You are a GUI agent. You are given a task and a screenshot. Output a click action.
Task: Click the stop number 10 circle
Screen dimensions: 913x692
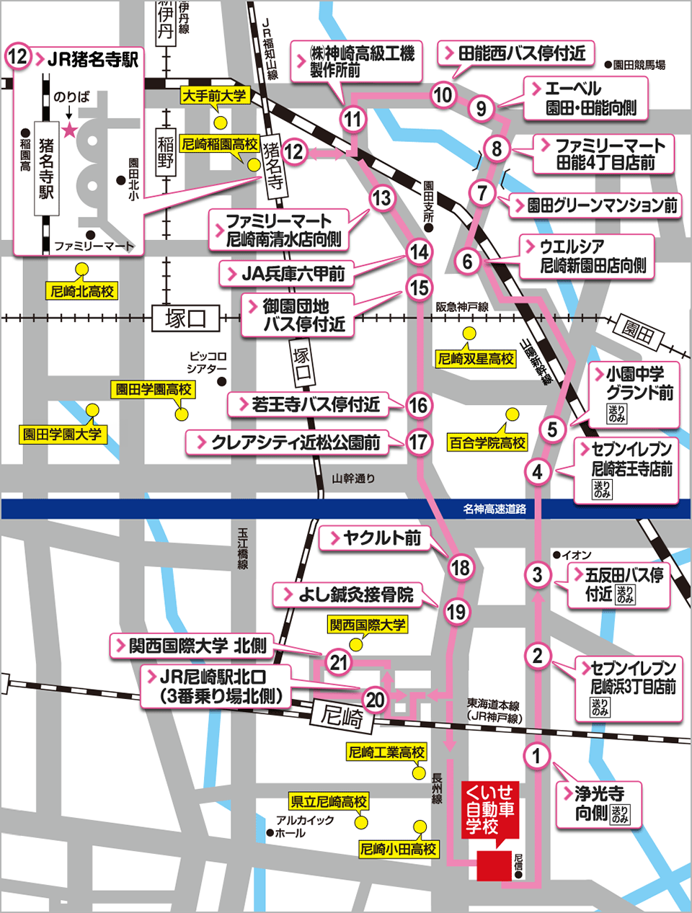pos(443,94)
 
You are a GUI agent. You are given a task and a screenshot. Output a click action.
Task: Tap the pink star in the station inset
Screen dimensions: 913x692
pos(69,130)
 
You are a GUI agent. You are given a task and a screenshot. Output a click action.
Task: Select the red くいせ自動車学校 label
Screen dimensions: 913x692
pos(489,809)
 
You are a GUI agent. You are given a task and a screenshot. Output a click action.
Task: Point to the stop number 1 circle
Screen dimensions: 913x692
pos(536,756)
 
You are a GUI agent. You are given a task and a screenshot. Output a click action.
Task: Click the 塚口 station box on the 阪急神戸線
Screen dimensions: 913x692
pos(185,318)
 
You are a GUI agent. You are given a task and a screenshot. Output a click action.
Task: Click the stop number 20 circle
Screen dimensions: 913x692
pos(375,699)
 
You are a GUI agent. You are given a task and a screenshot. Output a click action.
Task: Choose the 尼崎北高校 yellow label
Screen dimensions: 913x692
pos(82,291)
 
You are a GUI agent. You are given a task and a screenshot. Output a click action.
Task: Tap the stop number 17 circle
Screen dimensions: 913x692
pos(418,442)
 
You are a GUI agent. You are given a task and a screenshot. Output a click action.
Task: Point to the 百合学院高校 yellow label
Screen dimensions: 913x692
pos(487,442)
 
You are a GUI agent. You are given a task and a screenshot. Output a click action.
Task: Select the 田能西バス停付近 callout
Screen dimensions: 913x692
pos(515,53)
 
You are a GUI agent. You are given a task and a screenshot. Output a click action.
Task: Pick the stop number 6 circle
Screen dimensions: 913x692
pos(468,261)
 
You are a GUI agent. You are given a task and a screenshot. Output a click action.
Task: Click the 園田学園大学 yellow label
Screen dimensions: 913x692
pos(62,435)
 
